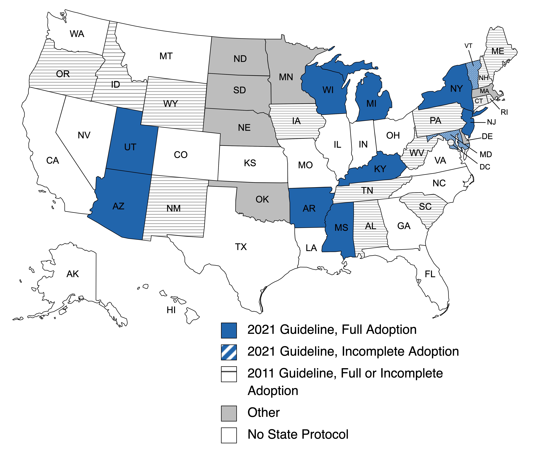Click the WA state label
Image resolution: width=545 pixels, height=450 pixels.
pos(77,34)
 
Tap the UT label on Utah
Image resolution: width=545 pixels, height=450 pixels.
pos(130,147)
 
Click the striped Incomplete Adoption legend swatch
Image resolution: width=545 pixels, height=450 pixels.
pos(229,352)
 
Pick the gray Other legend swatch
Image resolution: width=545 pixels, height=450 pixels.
pos(229,414)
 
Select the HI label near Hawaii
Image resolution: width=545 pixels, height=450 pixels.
pos(171,310)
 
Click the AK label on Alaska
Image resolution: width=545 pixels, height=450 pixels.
pos(73,274)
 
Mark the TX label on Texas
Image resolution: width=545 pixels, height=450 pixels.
pos(241,247)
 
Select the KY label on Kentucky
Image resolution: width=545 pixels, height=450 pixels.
pos(380,169)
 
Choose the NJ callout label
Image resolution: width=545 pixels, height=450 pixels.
pos(491,122)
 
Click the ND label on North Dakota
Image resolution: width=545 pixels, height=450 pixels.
pos(240,59)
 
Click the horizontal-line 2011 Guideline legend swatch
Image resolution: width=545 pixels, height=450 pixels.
pos(229,374)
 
